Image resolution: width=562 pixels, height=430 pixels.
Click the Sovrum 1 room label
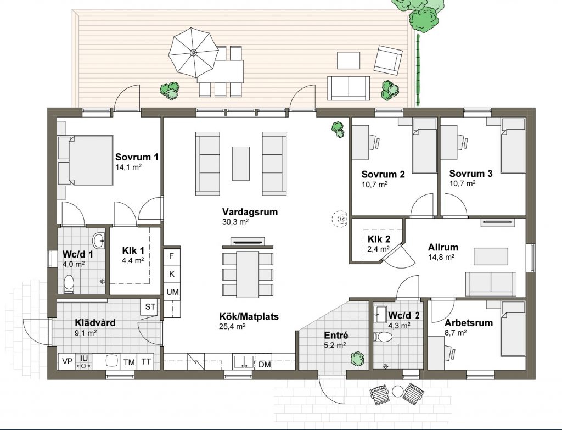(x=137, y=157)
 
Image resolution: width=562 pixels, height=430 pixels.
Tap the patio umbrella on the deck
(x=194, y=53)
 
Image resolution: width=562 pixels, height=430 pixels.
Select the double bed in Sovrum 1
(x=86, y=160)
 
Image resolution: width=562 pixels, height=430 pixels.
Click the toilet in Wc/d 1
(x=69, y=284)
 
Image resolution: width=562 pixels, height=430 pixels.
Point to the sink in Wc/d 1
(x=99, y=241)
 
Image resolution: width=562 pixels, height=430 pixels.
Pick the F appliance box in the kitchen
(x=172, y=256)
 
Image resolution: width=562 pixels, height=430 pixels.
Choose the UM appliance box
(x=172, y=292)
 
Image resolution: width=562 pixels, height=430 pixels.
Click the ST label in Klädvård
(x=150, y=307)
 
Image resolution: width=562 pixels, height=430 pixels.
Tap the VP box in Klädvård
(x=67, y=361)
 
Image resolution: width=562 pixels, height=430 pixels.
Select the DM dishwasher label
(x=265, y=365)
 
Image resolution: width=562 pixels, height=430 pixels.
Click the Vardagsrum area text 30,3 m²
(x=235, y=222)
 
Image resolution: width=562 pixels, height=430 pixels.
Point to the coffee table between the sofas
(x=241, y=164)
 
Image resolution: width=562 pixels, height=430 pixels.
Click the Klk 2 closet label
(x=379, y=239)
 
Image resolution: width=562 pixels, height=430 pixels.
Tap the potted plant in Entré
(x=357, y=359)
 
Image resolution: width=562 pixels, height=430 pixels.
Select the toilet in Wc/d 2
(x=383, y=337)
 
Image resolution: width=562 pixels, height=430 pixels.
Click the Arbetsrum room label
(x=469, y=323)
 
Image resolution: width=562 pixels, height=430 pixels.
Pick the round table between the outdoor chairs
(x=397, y=391)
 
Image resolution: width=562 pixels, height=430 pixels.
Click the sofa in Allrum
(x=491, y=284)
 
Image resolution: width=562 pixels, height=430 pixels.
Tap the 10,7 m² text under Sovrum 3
(x=462, y=183)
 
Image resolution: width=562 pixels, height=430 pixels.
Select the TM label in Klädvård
(x=129, y=362)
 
